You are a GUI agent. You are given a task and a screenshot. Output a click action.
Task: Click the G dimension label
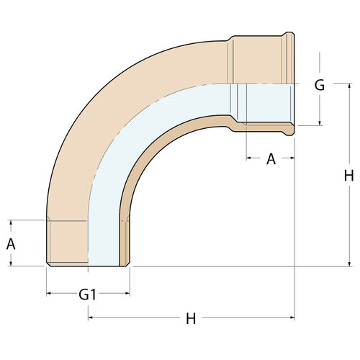[x=319, y=85]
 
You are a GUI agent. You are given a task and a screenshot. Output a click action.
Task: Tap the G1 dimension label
[x=88, y=294]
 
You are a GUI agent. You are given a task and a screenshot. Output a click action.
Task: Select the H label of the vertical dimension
[x=349, y=175]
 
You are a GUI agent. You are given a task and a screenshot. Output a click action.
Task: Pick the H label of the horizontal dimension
[x=191, y=318]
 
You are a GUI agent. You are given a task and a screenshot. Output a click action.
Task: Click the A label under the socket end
[x=271, y=159]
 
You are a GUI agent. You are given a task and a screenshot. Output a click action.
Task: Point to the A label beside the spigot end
[x=11, y=243]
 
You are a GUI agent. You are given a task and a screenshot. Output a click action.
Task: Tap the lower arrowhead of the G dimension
[x=319, y=122]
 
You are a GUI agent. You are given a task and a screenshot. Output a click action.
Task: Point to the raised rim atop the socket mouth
[x=289, y=34]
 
